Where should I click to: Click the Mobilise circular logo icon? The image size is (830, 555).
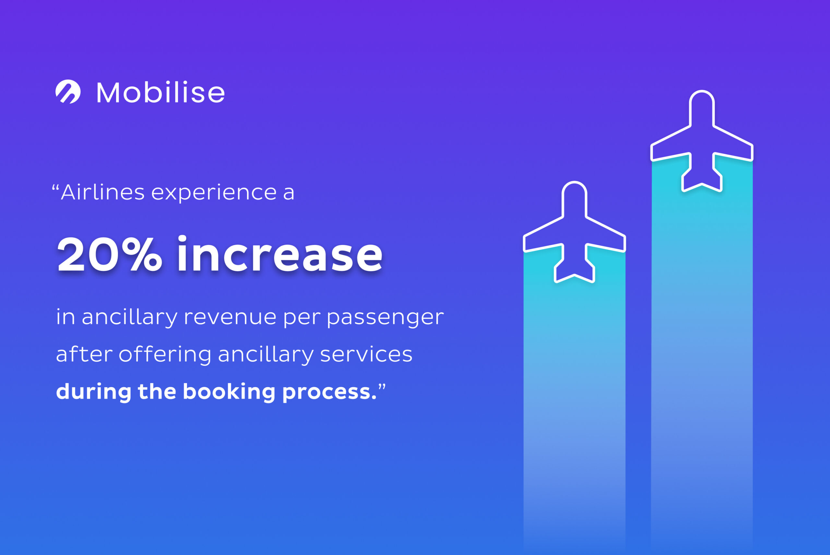click(x=68, y=92)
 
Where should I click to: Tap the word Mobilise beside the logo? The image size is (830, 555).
click(x=161, y=93)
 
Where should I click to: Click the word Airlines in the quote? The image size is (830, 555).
click(x=103, y=192)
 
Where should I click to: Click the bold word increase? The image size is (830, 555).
click(x=280, y=254)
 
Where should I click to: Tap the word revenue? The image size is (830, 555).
click(x=230, y=317)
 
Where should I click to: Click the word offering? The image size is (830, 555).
click(x=165, y=353)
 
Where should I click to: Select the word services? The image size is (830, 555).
click(x=366, y=354)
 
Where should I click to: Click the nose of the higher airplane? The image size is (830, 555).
click(x=702, y=92)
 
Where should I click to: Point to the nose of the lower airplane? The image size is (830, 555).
click(x=574, y=183)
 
